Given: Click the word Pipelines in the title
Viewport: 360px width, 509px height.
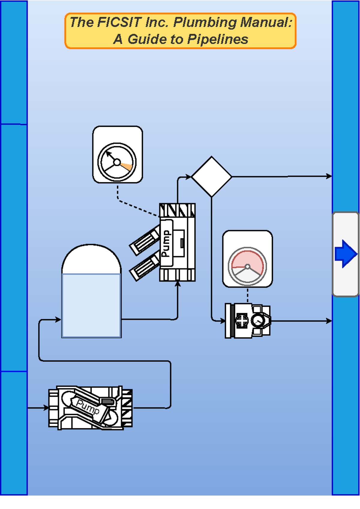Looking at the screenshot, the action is (x=217, y=39).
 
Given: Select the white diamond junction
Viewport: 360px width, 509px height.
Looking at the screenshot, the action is (x=211, y=176).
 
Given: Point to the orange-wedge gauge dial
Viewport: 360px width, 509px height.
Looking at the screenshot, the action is (x=117, y=162).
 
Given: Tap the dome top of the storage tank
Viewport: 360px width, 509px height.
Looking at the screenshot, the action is (x=91, y=259).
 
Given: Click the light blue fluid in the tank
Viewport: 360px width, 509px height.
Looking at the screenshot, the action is (x=91, y=306).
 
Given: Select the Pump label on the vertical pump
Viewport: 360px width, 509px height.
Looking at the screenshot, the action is (x=166, y=243).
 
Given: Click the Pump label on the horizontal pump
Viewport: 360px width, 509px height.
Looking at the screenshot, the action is (x=88, y=407).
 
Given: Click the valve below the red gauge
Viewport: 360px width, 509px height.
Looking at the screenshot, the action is (x=248, y=321).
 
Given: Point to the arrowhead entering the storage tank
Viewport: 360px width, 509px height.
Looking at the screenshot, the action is (x=58, y=320).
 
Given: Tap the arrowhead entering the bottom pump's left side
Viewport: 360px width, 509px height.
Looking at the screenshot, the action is (x=46, y=408).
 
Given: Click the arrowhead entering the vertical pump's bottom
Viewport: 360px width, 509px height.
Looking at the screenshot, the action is (x=178, y=284).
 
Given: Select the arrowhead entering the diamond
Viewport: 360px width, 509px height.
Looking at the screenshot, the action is (x=188, y=177).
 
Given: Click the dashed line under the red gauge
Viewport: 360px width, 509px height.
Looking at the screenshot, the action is (x=247, y=295).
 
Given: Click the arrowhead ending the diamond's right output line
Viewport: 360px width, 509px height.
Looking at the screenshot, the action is (x=329, y=176).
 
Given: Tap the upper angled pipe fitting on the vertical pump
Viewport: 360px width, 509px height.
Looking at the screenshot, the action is (x=145, y=240).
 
